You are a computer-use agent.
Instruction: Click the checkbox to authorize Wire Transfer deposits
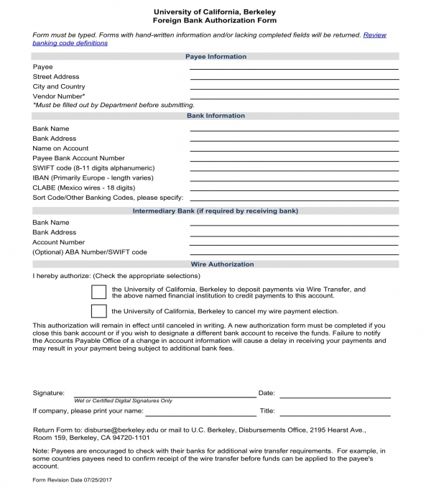point(98,292)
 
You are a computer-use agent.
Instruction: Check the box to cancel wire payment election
point(98,311)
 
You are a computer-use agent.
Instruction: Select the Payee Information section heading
point(215,57)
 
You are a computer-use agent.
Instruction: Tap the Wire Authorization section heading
point(215,264)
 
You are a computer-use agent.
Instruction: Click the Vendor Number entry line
point(294,97)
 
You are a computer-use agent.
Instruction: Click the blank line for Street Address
point(294,78)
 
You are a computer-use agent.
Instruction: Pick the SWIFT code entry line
point(294,169)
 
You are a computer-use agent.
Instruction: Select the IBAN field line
point(294,179)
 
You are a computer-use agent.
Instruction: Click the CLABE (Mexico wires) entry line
point(294,188)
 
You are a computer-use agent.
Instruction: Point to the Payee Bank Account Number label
point(78,158)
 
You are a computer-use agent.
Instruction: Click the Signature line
point(162,396)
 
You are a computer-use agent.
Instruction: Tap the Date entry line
point(334,396)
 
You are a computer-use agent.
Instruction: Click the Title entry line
point(334,414)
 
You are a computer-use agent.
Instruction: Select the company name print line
point(201,414)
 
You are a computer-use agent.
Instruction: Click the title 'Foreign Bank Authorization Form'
point(215,21)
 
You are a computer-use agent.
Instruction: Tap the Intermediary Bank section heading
point(215,211)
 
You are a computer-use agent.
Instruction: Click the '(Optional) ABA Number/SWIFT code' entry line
point(294,254)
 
